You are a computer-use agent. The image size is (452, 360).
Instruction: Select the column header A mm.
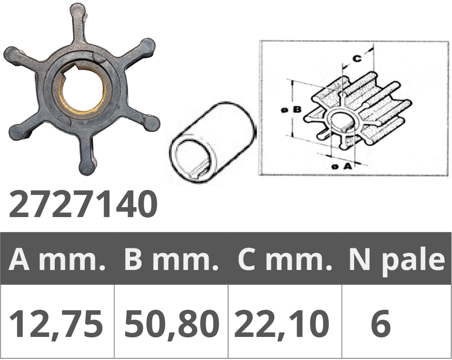57,260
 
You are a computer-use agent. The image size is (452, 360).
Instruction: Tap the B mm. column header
171,260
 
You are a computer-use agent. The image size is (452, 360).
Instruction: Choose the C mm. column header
284,260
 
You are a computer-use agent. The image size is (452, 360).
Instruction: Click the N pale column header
397,261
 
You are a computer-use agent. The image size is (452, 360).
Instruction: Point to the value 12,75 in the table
56,323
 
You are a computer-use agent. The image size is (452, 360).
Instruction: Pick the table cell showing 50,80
172,323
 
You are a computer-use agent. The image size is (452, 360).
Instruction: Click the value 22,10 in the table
282,323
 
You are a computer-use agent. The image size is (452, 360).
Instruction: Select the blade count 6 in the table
381,323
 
